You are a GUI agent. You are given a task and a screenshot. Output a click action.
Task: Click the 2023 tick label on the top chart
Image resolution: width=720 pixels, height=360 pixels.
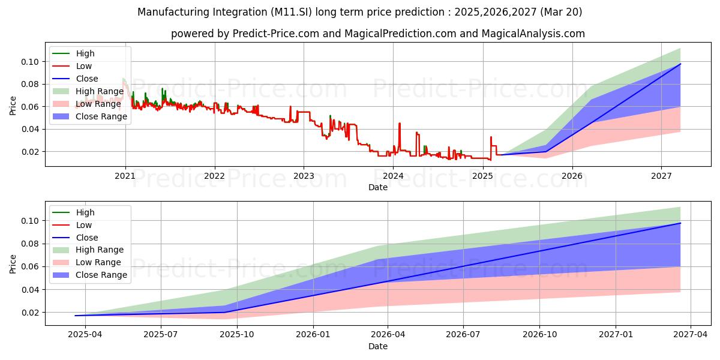pos(304,176)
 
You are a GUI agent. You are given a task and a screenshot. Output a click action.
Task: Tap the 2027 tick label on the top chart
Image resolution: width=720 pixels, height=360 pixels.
pos(661,176)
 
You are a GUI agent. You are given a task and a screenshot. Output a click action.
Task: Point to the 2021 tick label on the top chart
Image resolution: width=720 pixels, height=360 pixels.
pos(125,176)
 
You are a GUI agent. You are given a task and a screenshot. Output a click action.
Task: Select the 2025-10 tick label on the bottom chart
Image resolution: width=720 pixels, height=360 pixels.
pos(237,335)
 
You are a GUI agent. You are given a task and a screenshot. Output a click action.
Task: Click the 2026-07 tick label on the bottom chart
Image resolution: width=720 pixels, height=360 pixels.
pos(463,335)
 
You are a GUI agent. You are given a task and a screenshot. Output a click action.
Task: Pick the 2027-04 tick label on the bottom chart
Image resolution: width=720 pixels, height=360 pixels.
pos(691,335)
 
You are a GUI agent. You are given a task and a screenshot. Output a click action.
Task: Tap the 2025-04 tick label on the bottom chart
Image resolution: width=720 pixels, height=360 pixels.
pos(85,335)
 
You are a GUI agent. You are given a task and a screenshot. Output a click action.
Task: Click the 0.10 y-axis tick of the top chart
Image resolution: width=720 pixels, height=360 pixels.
pos(30,62)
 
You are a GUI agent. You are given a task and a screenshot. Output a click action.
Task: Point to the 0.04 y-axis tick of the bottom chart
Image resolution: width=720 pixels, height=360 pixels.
pos(30,290)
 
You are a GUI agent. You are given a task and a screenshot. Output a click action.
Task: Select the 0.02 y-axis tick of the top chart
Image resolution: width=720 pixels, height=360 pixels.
pos(30,152)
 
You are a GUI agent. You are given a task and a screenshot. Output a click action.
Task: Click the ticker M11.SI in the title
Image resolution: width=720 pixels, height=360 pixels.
pos(291,12)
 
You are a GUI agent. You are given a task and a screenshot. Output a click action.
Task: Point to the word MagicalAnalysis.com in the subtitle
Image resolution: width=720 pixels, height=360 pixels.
pos(533,34)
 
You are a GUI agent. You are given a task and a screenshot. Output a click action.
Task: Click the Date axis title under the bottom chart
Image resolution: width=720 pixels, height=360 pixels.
pos(378,346)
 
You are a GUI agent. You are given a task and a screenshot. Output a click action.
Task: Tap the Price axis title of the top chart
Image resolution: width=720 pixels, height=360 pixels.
pos(13,106)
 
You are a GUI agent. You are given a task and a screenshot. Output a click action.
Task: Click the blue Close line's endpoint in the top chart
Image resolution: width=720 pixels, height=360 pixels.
pos(680,64)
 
